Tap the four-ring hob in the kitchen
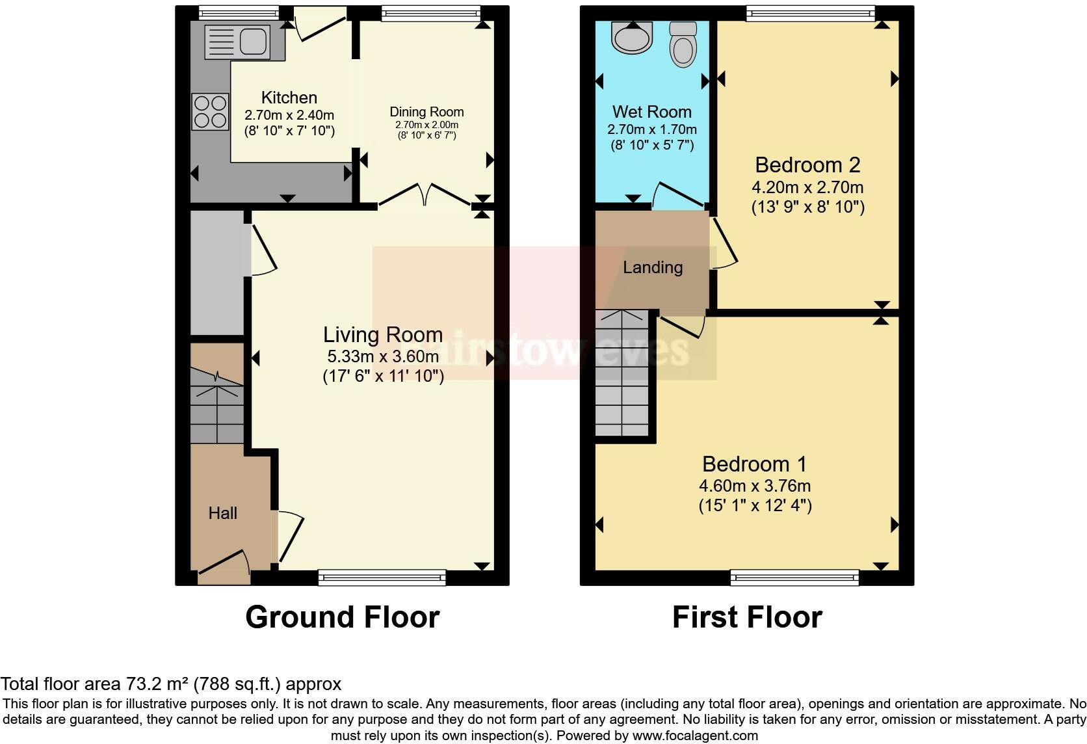pyautogui.click(x=210, y=112)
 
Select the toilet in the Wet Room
pyautogui.click(x=683, y=44)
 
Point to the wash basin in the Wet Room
pyautogui.click(x=631, y=37)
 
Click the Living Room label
pyautogui.click(x=383, y=335)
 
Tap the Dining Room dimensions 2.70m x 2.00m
pyautogui.click(x=426, y=125)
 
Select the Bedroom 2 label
pyautogui.click(x=807, y=165)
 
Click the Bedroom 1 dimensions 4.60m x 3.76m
pyautogui.click(x=755, y=486)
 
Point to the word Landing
pyautogui.click(x=653, y=267)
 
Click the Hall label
pyautogui.click(x=222, y=513)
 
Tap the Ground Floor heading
pyautogui.click(x=343, y=617)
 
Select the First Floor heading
pyautogui.click(x=747, y=617)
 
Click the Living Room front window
pyautogui.click(x=382, y=577)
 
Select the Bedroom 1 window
pyautogui.click(x=794, y=577)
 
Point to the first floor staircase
pyautogui.click(x=622, y=374)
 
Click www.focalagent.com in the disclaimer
pyautogui.click(x=695, y=736)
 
